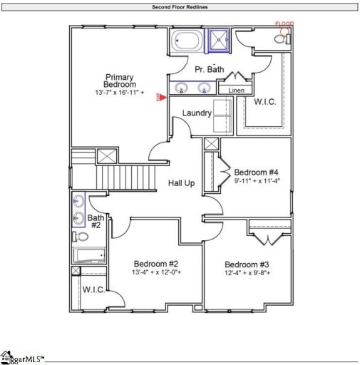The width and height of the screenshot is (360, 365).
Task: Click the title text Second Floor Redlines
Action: pyautogui.click(x=180, y=7)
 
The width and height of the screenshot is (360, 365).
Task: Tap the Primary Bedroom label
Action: pyautogui.click(x=120, y=81)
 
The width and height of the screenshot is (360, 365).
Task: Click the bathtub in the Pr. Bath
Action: pyautogui.click(x=187, y=41)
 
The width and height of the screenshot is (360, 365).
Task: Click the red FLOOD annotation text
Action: pyautogui.click(x=284, y=24)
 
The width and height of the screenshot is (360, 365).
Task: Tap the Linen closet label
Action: pyautogui.click(x=234, y=91)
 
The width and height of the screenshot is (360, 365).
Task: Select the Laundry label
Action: pyautogui.click(x=196, y=113)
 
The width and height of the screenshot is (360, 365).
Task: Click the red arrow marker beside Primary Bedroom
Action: pyautogui.click(x=160, y=98)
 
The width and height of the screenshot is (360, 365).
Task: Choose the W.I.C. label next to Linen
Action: pyautogui.click(x=265, y=102)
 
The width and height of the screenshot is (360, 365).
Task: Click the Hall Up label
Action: pyautogui.click(x=181, y=183)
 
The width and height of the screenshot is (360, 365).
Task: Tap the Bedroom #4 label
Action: pyautogui.click(x=257, y=172)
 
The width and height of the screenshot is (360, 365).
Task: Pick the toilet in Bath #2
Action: pyautogui.click(x=81, y=237)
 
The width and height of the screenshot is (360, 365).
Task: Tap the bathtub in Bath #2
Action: pyautogui.click(x=88, y=255)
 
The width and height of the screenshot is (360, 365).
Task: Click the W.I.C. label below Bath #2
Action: pyautogui.click(x=93, y=289)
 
